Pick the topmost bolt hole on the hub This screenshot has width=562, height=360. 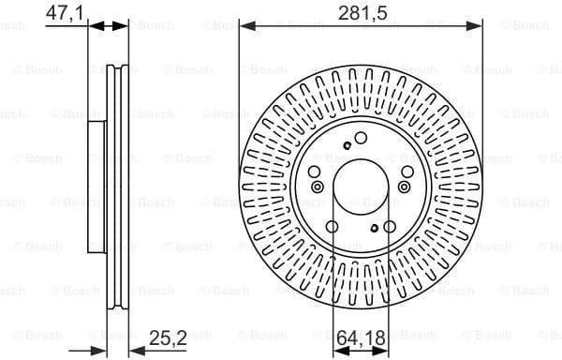point(360,138)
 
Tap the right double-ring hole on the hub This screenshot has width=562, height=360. point(404,187)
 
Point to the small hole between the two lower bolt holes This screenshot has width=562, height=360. point(373,228)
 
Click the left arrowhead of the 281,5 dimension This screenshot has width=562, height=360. point(244,27)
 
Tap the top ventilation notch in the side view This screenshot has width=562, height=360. point(116,69)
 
